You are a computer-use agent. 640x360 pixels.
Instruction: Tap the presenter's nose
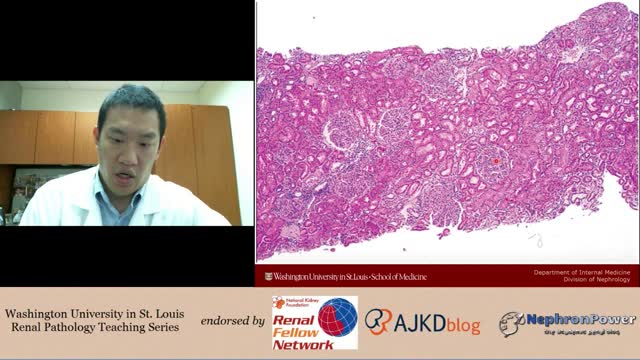click(125, 147)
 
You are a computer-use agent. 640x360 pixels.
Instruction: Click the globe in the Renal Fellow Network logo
click(337, 316)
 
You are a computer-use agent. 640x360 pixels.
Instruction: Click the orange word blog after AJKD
click(462, 325)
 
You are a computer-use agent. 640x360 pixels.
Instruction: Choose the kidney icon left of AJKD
click(377, 321)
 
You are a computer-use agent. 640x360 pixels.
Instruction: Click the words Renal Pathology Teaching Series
click(98, 327)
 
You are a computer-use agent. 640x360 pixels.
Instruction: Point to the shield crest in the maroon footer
click(268, 276)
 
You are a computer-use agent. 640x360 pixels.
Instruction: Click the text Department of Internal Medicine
click(581, 272)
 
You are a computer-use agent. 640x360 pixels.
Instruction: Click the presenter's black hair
click(130, 99)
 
